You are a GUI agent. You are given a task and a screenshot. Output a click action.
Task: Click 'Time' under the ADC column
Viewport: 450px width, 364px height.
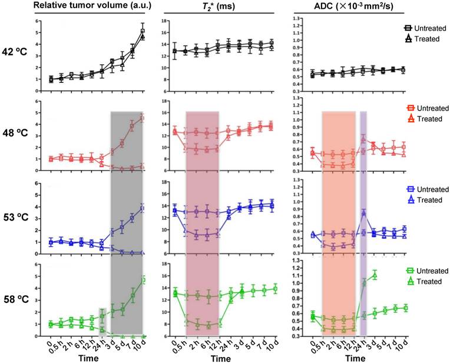coord(354,358)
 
